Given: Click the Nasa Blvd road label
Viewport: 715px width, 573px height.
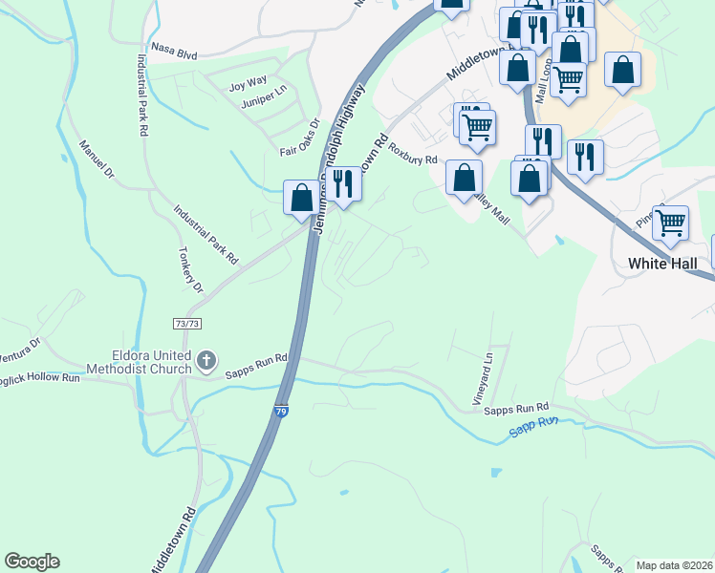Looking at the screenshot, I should (x=173, y=51).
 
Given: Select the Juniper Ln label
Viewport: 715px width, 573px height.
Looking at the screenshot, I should (x=264, y=98).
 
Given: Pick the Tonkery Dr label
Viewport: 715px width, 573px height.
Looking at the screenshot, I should (x=191, y=271).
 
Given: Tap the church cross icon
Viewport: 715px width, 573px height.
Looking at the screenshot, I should (x=207, y=360).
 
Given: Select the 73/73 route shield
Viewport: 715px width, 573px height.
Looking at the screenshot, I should (x=187, y=325).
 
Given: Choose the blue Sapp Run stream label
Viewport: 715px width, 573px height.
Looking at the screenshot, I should (x=532, y=426).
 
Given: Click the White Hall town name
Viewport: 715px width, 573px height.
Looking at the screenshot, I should (x=666, y=264).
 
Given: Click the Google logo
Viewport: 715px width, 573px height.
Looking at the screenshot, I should (x=32, y=562).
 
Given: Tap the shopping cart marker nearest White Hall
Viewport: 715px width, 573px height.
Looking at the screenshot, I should (x=671, y=223).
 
